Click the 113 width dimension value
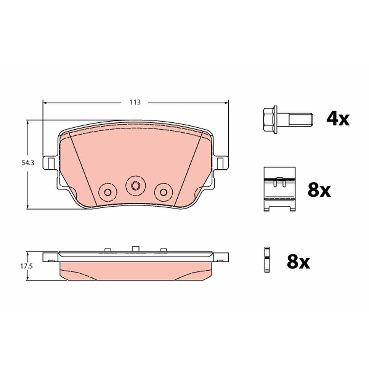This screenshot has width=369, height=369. [135, 102]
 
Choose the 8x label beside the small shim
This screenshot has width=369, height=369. [298, 262]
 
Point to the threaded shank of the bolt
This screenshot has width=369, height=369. [301, 120]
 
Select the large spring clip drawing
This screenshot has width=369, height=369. [280, 189]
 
